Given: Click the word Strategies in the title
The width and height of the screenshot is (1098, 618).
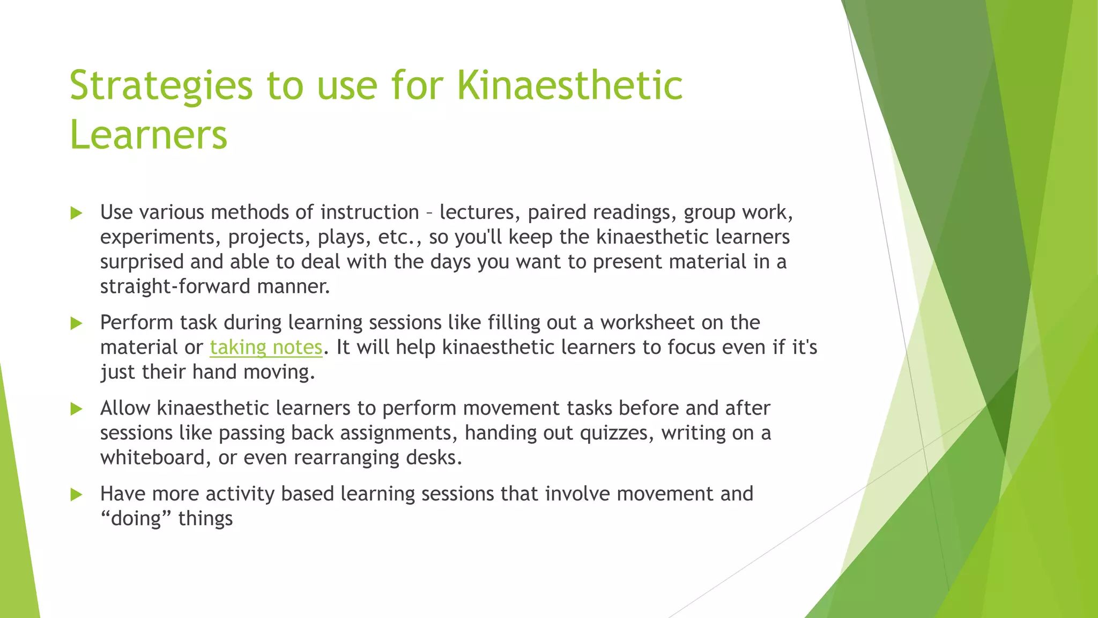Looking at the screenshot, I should tap(161, 86).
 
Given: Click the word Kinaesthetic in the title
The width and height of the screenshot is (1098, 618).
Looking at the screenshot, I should tap(569, 86).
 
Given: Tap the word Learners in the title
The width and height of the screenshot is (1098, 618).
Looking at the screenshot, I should tap(149, 135).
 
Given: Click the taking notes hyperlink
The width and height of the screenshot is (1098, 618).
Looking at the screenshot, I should tap(266, 348).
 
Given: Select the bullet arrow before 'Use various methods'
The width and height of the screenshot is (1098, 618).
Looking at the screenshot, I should tap(76, 213).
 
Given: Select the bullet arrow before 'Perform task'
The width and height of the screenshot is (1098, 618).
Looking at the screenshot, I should tap(76, 323).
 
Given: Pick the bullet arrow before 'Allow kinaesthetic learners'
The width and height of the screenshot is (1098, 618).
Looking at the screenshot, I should tap(76, 409).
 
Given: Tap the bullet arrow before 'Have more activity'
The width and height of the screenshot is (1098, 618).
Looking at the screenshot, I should tap(76, 494).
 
